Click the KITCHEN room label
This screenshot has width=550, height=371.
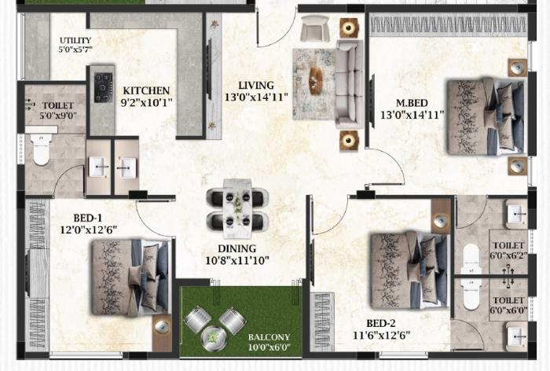[x=145, y=90]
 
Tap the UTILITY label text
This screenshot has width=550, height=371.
[x=76, y=41]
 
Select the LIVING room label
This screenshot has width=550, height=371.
[x=257, y=86]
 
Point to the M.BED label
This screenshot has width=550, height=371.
[x=412, y=101]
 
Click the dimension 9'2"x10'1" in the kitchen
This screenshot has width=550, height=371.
[x=146, y=101]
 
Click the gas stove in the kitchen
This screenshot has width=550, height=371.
[x=103, y=87]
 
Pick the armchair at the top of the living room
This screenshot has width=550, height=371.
[x=315, y=28]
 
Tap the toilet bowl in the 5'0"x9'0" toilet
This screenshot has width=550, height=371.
[x=42, y=149]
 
